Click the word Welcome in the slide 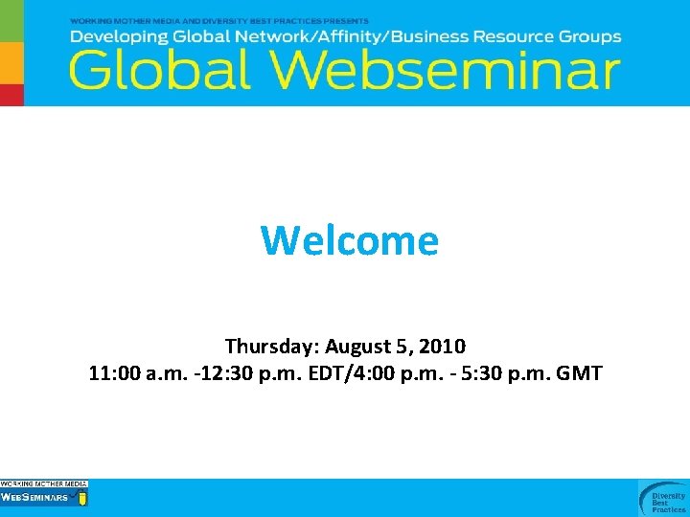(349, 240)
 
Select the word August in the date (356, 345)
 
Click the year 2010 (443, 345)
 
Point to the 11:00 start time (115, 372)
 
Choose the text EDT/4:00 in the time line (352, 372)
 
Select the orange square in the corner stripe (11, 62)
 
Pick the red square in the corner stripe (11, 95)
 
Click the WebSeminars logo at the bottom (44, 494)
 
